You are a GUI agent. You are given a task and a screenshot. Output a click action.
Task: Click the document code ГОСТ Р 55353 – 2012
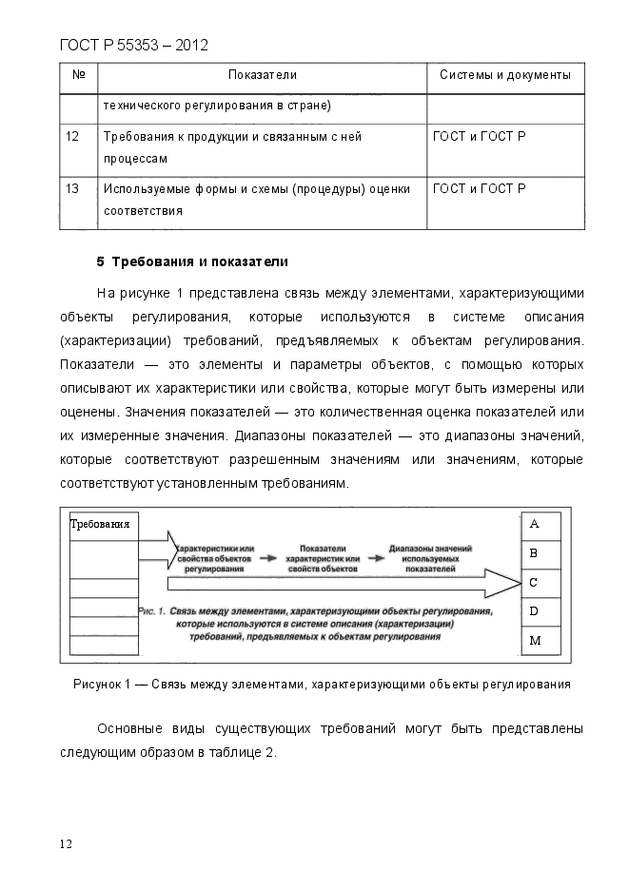point(133,45)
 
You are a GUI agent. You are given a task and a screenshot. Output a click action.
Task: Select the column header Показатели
point(263,75)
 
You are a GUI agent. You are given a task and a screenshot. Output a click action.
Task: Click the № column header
point(78,75)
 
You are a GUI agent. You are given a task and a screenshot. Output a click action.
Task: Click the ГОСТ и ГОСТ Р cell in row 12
point(479,137)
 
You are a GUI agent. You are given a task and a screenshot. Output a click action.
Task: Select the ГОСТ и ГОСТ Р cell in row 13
point(479,189)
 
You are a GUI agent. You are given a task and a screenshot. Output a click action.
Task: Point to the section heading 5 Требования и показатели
point(192,261)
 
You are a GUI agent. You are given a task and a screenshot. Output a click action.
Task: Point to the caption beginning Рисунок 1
point(322,684)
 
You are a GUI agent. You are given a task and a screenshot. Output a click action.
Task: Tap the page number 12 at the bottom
point(67,843)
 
